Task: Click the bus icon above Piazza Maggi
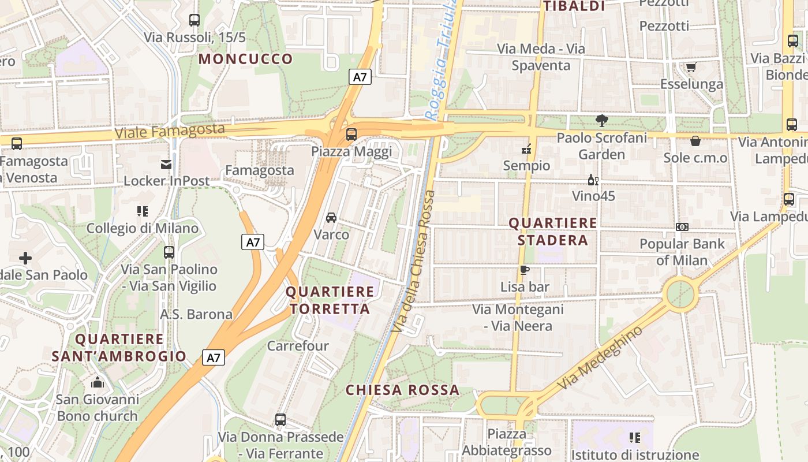pyautogui.click(x=351, y=135)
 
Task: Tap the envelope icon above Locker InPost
pyautogui.click(x=166, y=165)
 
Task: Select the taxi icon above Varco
pyautogui.click(x=331, y=218)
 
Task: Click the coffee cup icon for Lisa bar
pyautogui.click(x=524, y=270)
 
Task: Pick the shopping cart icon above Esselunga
pyautogui.click(x=691, y=68)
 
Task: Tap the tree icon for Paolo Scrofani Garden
pyautogui.click(x=602, y=121)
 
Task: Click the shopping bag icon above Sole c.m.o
pyautogui.click(x=695, y=141)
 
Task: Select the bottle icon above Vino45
pyautogui.click(x=592, y=180)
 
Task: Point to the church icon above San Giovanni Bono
pyautogui.click(x=98, y=382)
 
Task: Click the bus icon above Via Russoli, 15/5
pyautogui.click(x=194, y=20)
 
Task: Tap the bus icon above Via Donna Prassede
pyautogui.click(x=280, y=420)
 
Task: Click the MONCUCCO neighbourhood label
pyautogui.click(x=246, y=59)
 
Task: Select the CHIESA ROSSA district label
pyautogui.click(x=402, y=390)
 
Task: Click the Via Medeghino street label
pyautogui.click(x=600, y=358)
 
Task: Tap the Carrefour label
pyautogui.click(x=297, y=346)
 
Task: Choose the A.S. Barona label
pyautogui.click(x=196, y=315)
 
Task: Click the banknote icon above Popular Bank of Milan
pyautogui.click(x=682, y=227)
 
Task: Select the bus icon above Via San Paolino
pyautogui.click(x=169, y=252)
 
